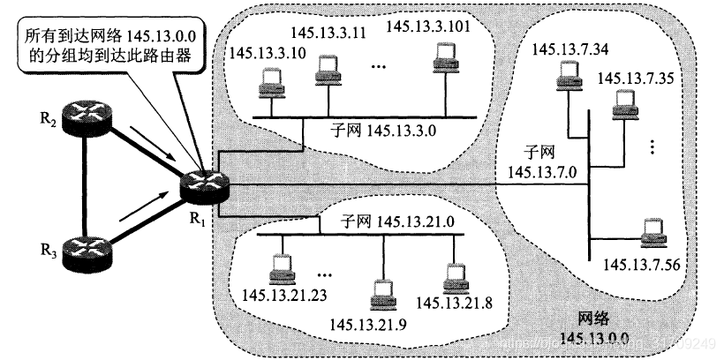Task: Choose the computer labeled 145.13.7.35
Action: point(625,107)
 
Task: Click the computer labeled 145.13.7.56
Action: point(654,232)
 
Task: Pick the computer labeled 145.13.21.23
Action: point(281,266)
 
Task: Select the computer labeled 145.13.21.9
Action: point(382,294)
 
